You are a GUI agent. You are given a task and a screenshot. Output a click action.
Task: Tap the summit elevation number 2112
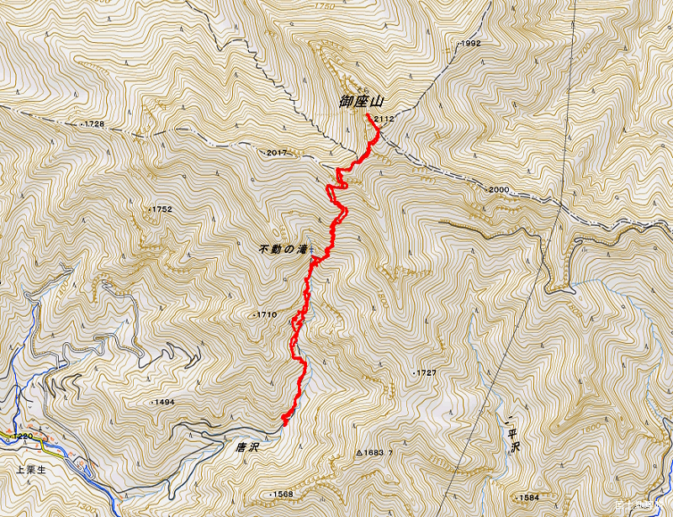pos(384,119)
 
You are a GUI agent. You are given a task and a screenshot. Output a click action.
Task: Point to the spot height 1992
pos(469,43)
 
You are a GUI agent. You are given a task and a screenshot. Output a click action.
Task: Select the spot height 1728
pos(93,124)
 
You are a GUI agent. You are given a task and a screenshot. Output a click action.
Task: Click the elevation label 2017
pos(276,152)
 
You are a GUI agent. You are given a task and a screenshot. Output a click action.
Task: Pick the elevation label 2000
pos(498,190)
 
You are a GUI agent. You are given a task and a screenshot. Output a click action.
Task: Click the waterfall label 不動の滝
pos(284,250)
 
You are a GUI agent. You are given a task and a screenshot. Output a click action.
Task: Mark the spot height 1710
pos(265,314)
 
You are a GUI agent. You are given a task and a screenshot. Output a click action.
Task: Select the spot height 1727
pos(426,372)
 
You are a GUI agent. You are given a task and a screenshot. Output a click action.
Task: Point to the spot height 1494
pos(163,403)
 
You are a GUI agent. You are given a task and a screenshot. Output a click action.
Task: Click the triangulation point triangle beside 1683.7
pos(359,453)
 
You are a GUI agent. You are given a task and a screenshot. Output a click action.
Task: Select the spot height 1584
pos(527,497)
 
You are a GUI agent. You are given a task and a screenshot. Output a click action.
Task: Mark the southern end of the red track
pos(284,423)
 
